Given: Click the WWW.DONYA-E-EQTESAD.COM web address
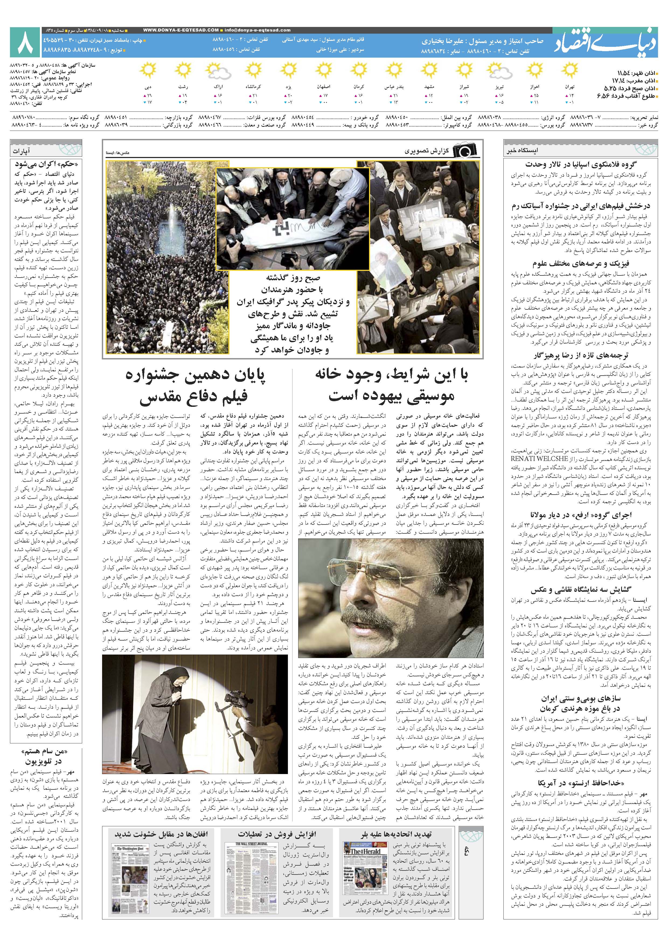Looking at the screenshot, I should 180,30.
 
